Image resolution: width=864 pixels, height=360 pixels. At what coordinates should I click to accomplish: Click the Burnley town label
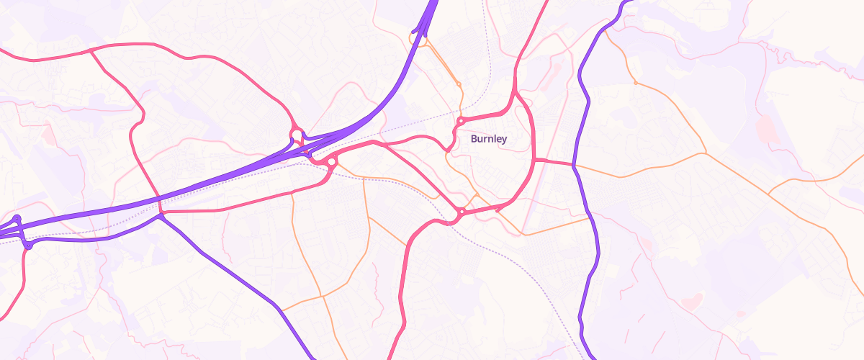click(x=489, y=139)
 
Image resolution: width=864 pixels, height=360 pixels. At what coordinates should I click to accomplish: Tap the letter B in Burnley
click(x=474, y=139)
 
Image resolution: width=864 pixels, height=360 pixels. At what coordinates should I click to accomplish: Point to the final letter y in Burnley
click(x=504, y=140)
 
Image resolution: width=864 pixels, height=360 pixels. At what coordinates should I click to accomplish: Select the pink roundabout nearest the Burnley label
click(x=460, y=121)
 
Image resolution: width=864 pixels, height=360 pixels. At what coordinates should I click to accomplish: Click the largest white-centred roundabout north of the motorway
click(x=296, y=135)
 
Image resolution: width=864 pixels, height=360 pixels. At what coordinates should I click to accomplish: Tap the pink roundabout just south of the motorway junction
click(x=331, y=163)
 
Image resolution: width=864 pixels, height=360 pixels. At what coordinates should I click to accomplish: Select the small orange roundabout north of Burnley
click(x=459, y=85)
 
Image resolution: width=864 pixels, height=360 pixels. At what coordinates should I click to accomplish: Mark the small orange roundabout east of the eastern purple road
click(x=635, y=83)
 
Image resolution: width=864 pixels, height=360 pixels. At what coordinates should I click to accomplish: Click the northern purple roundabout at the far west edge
click(x=17, y=218)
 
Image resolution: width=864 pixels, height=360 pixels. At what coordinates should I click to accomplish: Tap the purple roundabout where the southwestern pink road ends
click(x=28, y=246)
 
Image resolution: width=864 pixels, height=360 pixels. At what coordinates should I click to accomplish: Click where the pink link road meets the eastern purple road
click(x=575, y=165)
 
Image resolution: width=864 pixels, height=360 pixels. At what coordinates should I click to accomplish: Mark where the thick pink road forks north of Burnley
click(x=516, y=89)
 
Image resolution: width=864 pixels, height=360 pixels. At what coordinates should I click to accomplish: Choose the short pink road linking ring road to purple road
click(x=554, y=162)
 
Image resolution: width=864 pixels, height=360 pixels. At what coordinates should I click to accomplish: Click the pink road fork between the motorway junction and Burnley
click(x=374, y=142)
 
